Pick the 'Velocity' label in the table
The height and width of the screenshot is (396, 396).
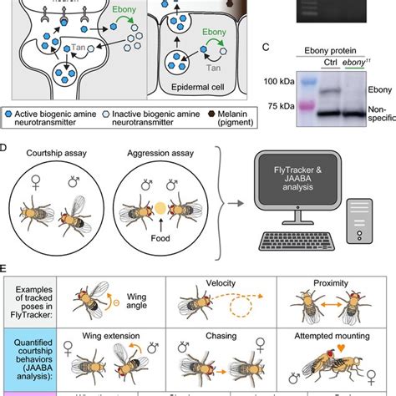coord(212,284)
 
